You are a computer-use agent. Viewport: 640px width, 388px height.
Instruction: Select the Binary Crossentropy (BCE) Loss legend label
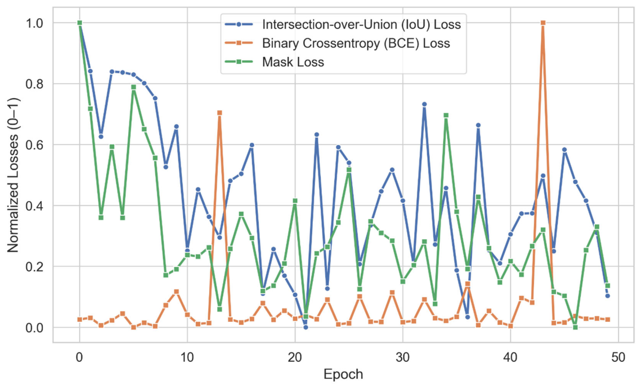tap(356, 43)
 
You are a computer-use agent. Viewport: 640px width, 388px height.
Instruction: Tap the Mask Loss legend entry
tap(293, 62)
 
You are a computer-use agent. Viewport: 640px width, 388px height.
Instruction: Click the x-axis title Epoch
tap(344, 374)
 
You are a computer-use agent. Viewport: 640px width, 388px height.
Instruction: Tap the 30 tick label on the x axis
tap(402, 356)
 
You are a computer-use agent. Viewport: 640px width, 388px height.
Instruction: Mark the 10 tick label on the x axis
tap(187, 356)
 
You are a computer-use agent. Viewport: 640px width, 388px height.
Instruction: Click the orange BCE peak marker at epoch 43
tap(543, 23)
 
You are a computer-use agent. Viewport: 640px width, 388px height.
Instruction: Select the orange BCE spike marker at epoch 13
tap(219, 113)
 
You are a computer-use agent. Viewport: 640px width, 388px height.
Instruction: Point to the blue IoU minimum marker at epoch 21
tap(305, 327)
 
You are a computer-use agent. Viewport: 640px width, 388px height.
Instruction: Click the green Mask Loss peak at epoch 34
tap(446, 115)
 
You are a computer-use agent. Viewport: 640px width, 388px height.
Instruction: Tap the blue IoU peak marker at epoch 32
tap(424, 105)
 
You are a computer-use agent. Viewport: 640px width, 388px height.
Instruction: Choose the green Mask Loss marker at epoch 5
tap(133, 87)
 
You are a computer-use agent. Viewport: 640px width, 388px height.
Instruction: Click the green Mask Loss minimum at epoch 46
tap(575, 327)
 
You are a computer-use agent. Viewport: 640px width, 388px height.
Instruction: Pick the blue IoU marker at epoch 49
tap(607, 296)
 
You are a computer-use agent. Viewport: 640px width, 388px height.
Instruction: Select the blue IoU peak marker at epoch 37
tap(478, 125)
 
